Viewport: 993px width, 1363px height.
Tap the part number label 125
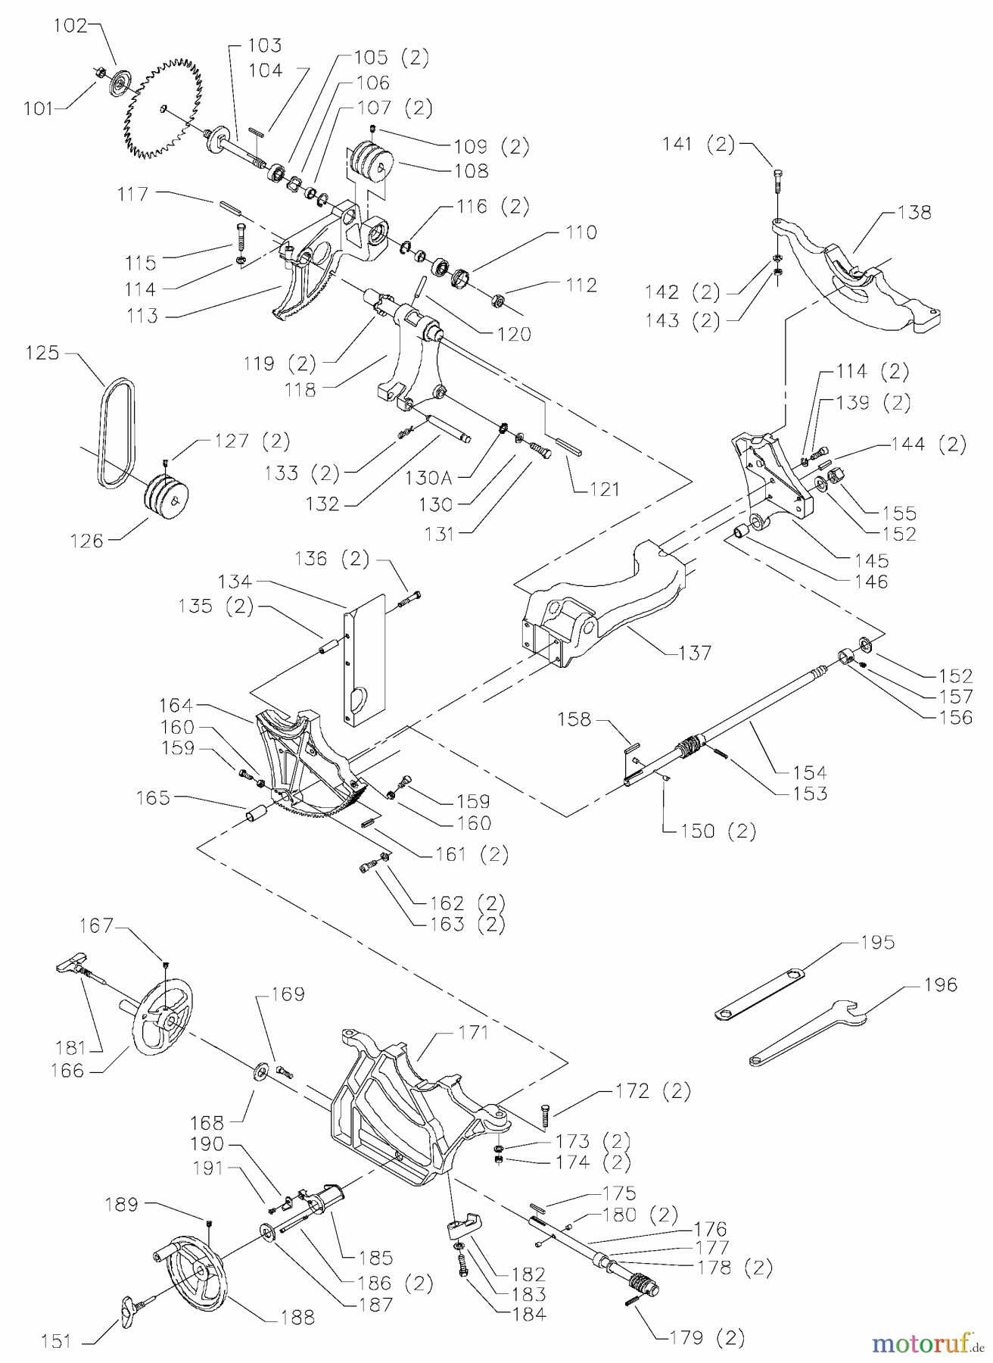(x=42, y=353)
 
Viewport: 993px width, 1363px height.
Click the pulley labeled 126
(x=167, y=498)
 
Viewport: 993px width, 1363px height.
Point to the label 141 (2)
(x=699, y=145)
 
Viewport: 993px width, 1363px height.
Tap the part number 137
(x=695, y=652)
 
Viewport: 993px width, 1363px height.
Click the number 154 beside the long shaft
(x=810, y=772)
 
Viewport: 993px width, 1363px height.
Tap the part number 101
(x=38, y=108)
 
